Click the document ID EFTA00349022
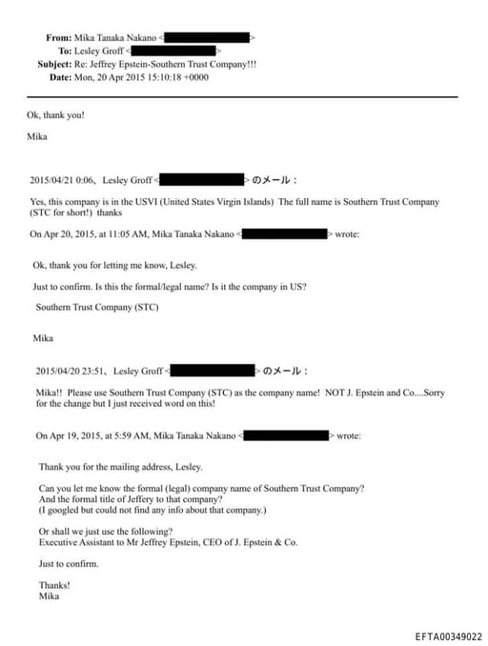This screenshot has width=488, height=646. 448,636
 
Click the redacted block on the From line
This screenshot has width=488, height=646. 210,37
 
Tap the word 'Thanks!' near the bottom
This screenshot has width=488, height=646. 54,584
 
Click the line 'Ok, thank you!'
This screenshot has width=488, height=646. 56,115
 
